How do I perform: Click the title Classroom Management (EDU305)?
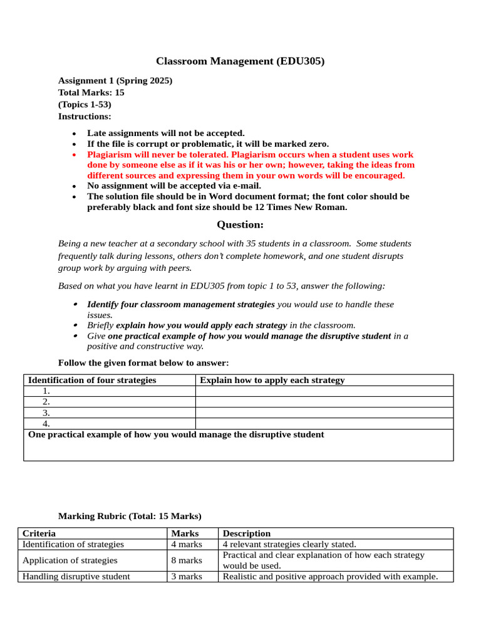(240, 61)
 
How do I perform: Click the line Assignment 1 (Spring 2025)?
(115, 81)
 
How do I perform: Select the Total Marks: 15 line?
(91, 93)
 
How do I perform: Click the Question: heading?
(240, 224)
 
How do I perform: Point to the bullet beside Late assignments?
(75, 134)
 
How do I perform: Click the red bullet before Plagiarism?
(75, 154)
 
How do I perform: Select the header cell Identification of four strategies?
(92, 380)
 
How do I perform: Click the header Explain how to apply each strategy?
(272, 380)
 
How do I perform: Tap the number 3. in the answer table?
(46, 413)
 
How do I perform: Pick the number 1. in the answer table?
(46, 391)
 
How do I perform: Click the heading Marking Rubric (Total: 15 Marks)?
(130, 516)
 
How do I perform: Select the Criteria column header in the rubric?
(39, 534)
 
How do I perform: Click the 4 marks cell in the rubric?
(187, 544)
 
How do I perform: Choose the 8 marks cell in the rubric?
(187, 560)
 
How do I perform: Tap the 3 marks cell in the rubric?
(187, 576)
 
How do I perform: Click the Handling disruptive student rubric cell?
(76, 576)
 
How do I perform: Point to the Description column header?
(247, 534)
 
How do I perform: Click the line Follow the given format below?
(143, 363)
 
